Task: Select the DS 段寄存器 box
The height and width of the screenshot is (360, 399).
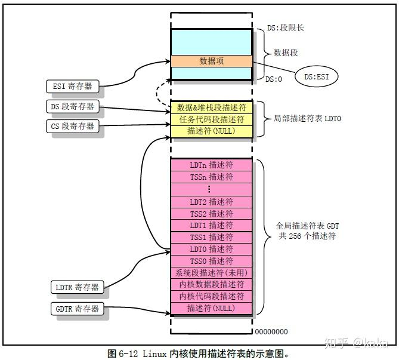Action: pos(72,106)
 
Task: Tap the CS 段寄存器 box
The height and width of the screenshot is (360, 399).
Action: pos(72,126)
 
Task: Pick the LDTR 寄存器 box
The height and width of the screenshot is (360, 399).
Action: pos(78,287)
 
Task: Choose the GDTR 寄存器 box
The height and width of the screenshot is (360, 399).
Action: pos(78,309)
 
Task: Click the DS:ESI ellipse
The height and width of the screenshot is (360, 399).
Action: pos(316,76)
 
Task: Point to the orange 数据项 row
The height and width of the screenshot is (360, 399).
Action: pos(211,61)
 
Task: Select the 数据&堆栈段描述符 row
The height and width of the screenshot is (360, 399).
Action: pos(211,107)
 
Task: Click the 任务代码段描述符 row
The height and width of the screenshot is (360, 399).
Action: pos(211,119)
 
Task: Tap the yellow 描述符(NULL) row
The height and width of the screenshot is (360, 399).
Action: pos(211,131)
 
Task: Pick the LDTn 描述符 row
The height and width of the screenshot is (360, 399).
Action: pos(211,165)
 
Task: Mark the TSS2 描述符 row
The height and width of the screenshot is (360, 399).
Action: pos(211,213)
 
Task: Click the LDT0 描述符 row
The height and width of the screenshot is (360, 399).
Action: pos(211,249)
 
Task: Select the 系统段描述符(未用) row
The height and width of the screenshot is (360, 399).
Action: pos(211,273)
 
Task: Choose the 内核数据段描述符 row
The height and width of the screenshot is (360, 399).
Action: pos(211,284)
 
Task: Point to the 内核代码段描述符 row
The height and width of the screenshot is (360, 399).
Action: pos(211,296)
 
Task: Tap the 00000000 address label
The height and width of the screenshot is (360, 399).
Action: pos(271,331)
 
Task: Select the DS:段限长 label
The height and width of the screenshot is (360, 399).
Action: pos(286,27)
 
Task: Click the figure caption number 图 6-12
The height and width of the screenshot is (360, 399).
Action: pos(123,353)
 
